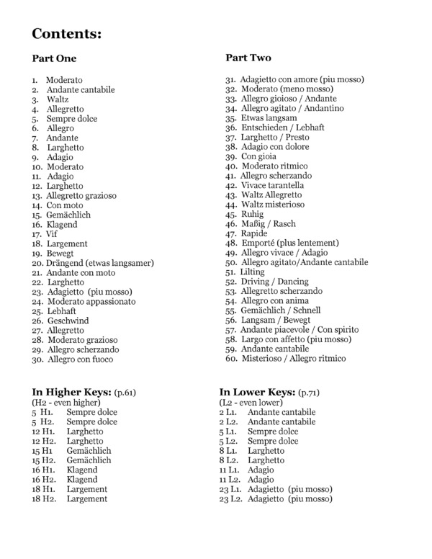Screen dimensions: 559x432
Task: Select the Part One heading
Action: pos(54,58)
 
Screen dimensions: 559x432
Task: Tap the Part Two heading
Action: pos(248,57)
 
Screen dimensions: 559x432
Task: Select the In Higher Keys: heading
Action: pos(71,391)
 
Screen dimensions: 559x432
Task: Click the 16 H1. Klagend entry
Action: pos(65,470)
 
